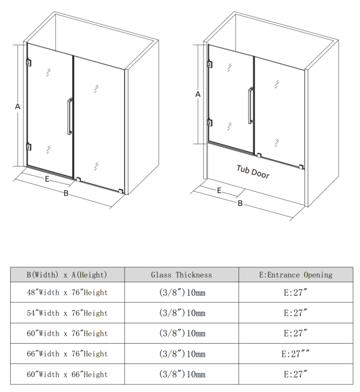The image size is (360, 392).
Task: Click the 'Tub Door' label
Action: (x=253, y=172)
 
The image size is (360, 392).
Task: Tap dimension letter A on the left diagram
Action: (x=17, y=106)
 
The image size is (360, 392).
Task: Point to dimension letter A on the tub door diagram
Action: (x=198, y=95)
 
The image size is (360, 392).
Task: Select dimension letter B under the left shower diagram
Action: (x=66, y=193)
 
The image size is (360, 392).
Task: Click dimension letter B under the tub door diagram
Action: (x=240, y=203)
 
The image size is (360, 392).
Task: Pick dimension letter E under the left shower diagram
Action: (x=47, y=179)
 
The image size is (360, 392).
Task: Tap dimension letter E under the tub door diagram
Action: (x=219, y=191)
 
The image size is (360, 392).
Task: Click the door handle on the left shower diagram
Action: (x=70, y=116)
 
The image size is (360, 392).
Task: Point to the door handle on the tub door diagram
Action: (x=250, y=105)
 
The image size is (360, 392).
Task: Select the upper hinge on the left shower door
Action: (x=29, y=63)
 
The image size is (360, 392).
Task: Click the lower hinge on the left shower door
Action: (x=29, y=147)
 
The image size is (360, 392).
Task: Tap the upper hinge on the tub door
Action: (x=210, y=64)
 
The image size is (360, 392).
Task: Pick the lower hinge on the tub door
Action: (x=210, y=123)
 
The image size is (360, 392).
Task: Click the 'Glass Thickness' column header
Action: (x=182, y=275)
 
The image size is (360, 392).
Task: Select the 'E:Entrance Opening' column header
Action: (x=296, y=275)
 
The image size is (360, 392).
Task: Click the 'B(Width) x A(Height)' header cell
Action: (x=67, y=275)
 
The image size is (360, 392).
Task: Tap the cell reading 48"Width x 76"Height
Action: (x=67, y=292)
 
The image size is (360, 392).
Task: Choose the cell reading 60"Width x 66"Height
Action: (x=67, y=374)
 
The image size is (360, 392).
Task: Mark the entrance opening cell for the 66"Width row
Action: (x=295, y=354)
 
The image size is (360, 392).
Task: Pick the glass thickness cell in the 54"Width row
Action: (x=182, y=313)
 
